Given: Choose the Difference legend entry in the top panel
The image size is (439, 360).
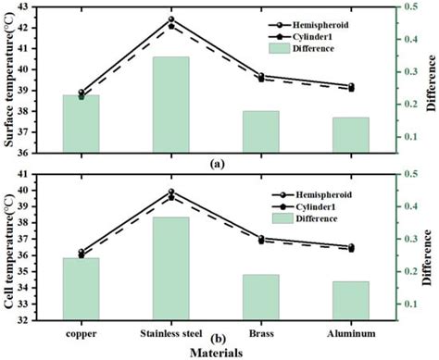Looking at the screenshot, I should [x=320, y=52].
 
